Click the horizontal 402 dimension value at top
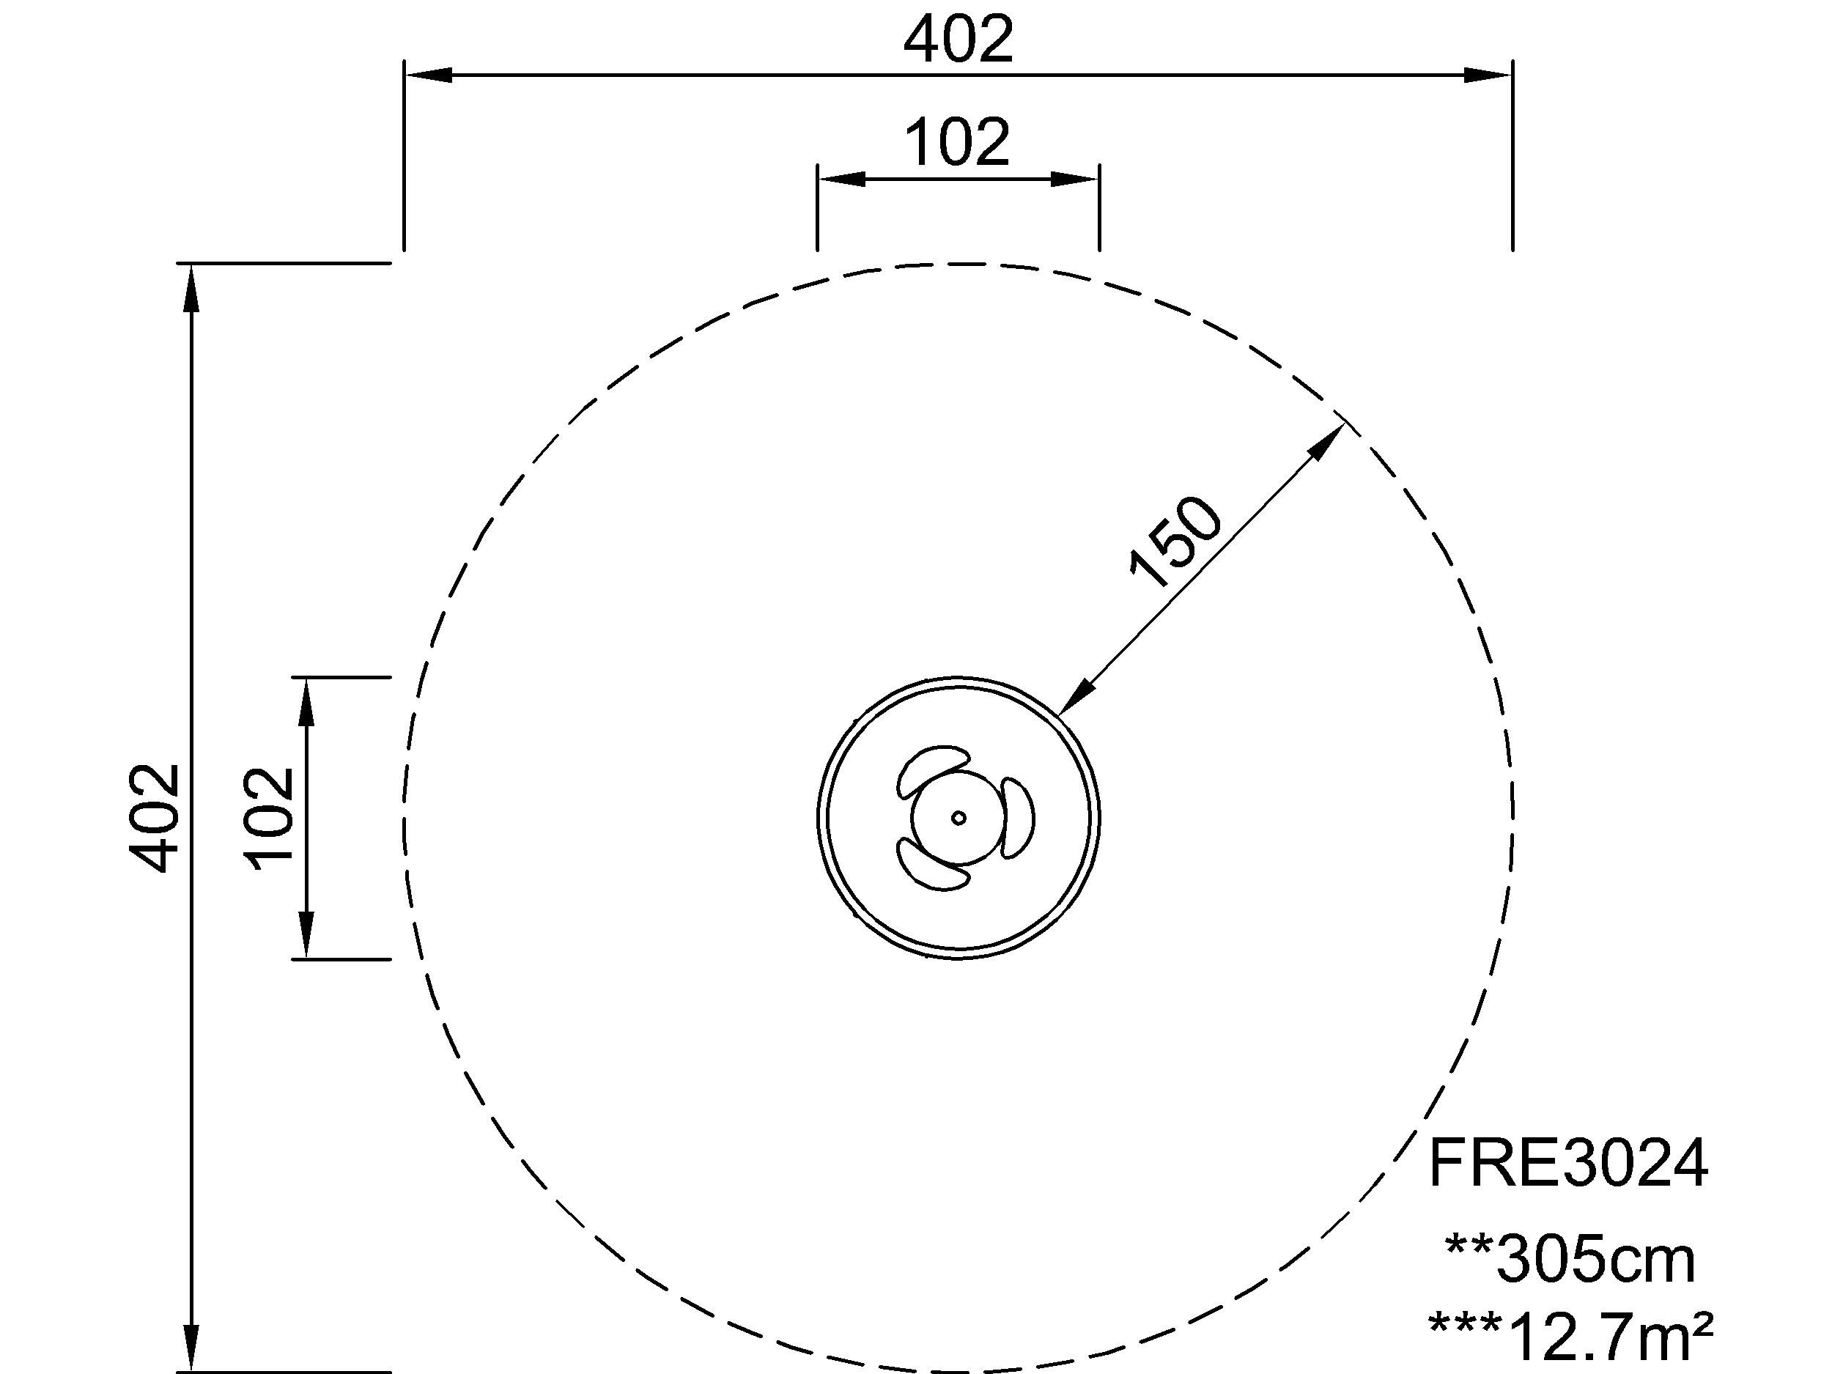[x=959, y=40]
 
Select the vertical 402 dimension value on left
[x=154, y=818]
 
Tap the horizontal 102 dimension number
[x=958, y=142]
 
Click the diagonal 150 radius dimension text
[x=1175, y=542]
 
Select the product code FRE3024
[x=1567, y=1164]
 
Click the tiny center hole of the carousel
[x=959, y=819]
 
